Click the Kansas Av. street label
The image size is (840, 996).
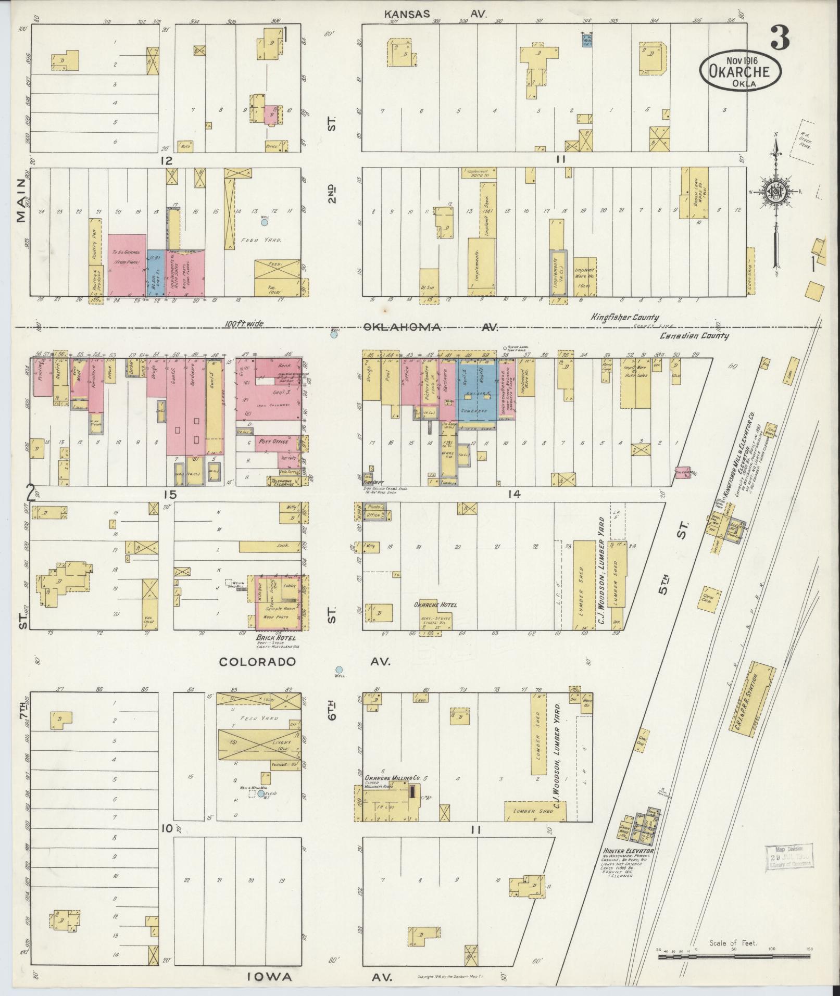click(435, 15)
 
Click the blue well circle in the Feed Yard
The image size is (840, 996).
click(264, 222)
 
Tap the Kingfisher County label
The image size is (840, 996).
click(624, 317)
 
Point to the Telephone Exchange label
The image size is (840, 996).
click(281, 482)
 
